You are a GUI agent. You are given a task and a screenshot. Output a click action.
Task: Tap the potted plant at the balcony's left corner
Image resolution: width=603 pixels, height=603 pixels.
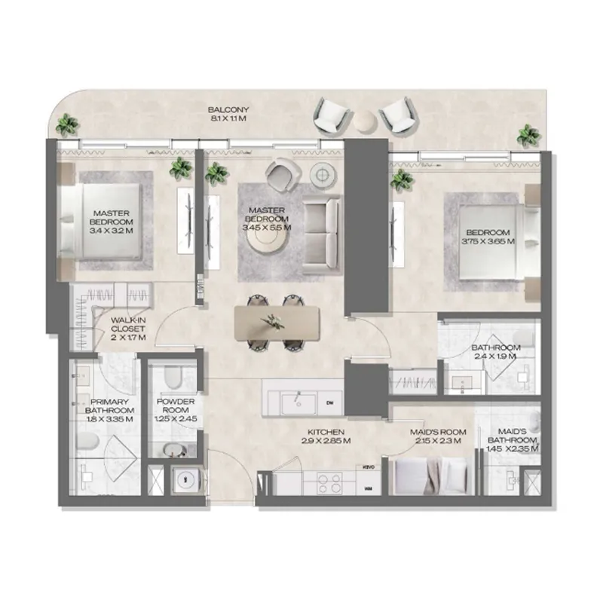(x=69, y=124)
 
